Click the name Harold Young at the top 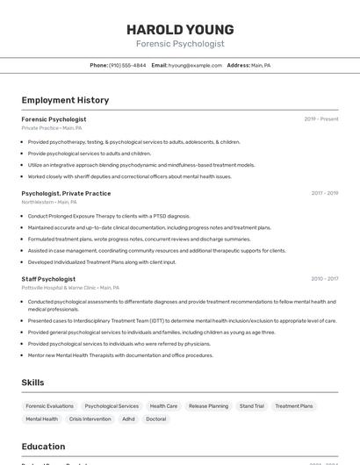coord(180,30)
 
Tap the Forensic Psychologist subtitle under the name coord(180,43)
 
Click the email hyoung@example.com coord(195,65)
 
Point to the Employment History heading coord(65,100)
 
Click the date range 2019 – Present coord(320,118)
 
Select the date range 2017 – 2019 coord(324,193)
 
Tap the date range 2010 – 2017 coord(324,279)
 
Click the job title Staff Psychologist coord(48,279)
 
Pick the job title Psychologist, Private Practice coord(66,193)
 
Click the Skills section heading coord(33,383)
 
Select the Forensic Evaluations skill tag coord(50,406)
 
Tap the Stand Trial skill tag coord(252,406)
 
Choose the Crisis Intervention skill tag coord(90,419)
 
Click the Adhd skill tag coord(128,419)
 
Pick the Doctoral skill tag coord(155,419)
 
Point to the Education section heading coord(43,446)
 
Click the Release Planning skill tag coord(208,406)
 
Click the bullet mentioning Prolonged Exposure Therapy coord(109,216)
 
